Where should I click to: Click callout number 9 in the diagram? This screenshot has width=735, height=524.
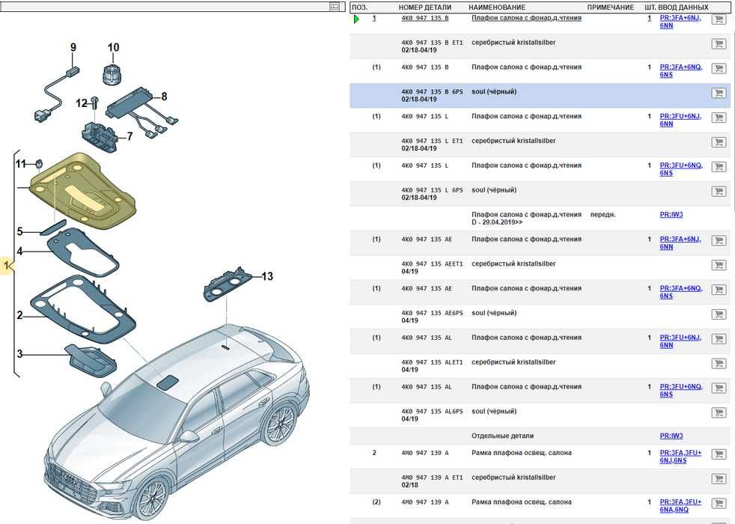coord(73,48)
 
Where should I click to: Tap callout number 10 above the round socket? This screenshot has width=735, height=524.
coord(113,48)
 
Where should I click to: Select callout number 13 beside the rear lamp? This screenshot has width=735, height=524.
coord(266,276)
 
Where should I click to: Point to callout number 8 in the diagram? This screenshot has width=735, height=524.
coord(164,96)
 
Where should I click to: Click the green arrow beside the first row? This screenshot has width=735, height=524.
coord(356,19)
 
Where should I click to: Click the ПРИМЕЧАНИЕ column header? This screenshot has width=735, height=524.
coord(610,7)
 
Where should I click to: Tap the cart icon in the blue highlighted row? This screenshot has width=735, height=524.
coord(719,94)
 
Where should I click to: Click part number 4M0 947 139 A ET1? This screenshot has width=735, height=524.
coord(432,478)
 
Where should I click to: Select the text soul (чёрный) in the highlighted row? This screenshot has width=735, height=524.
coord(494,92)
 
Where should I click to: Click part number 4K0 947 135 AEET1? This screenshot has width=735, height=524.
coord(432,264)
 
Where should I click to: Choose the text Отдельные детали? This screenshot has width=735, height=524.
coord(502,436)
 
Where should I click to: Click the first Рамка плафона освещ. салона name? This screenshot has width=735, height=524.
coord(521,453)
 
